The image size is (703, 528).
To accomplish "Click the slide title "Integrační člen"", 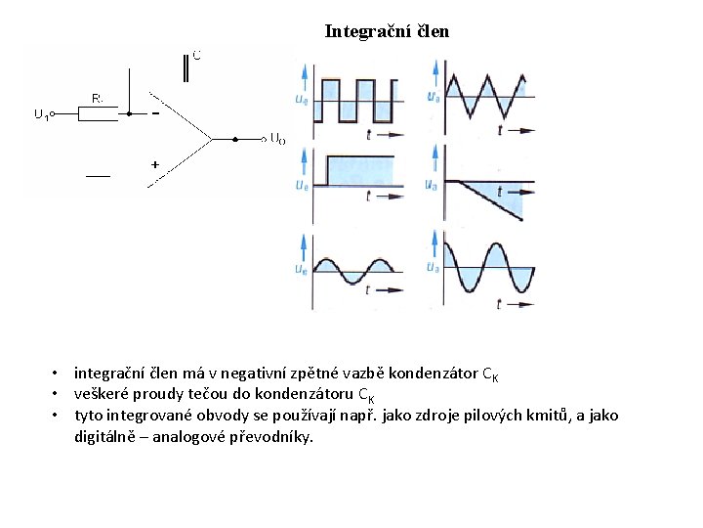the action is click(x=387, y=31).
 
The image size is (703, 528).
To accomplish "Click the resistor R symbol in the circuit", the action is click(x=97, y=113).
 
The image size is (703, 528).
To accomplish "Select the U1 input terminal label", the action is click(x=42, y=114).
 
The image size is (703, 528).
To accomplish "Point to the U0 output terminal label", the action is click(x=277, y=139).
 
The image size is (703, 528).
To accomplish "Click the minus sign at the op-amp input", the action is click(x=155, y=113).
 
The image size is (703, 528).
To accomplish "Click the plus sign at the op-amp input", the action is click(x=154, y=164).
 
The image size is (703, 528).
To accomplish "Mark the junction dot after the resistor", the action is click(x=128, y=113).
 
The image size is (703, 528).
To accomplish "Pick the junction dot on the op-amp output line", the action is click(x=235, y=139).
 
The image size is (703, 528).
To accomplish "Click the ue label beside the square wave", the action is click(x=302, y=97).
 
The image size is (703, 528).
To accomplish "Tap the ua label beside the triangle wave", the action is click(x=433, y=96).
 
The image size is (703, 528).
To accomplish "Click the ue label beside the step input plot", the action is click(x=302, y=184).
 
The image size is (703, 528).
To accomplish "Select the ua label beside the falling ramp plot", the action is click(x=433, y=184).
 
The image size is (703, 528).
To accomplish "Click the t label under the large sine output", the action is click(x=499, y=304).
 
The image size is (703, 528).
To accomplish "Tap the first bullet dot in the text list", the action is click(x=58, y=374).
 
